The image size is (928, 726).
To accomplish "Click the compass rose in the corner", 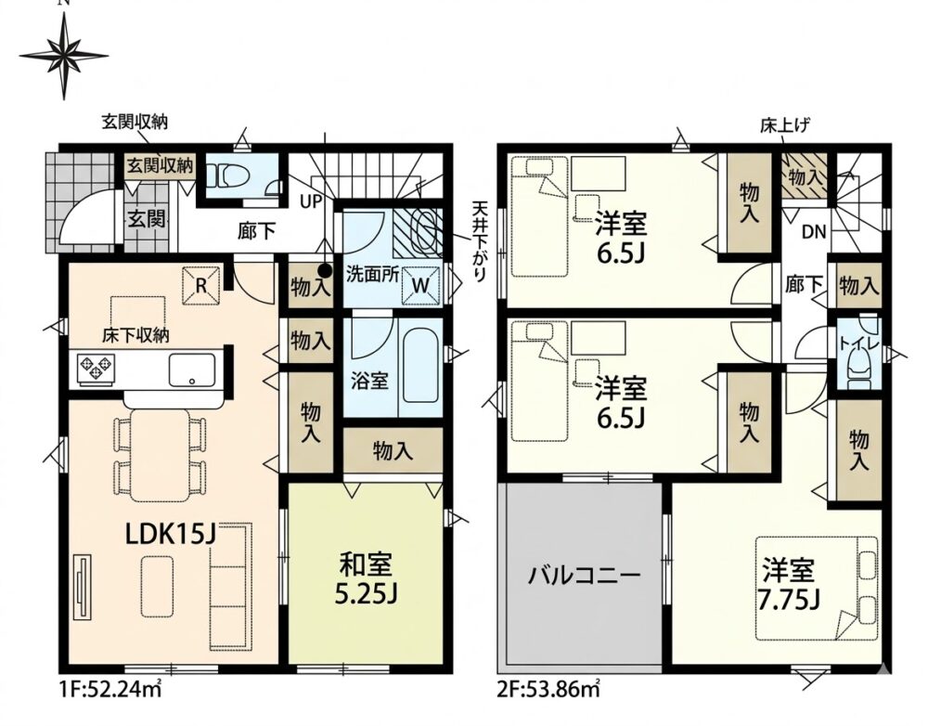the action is (x=64, y=57).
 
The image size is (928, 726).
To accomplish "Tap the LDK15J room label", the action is (x=170, y=536).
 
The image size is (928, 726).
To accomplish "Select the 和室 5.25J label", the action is (x=365, y=578).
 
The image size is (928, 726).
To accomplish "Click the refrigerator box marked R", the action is (x=200, y=286).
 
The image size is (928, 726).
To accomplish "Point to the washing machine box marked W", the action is (x=420, y=285).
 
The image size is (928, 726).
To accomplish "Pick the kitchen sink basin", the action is (x=192, y=370).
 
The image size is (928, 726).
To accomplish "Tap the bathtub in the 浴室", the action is (x=419, y=369).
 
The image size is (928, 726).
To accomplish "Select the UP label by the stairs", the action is (x=311, y=202).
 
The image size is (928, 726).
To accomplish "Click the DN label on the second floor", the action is (x=814, y=232).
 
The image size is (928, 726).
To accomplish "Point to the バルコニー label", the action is (x=584, y=575).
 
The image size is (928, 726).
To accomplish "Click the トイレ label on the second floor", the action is (x=858, y=343).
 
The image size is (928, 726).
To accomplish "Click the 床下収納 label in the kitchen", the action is (x=135, y=336).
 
